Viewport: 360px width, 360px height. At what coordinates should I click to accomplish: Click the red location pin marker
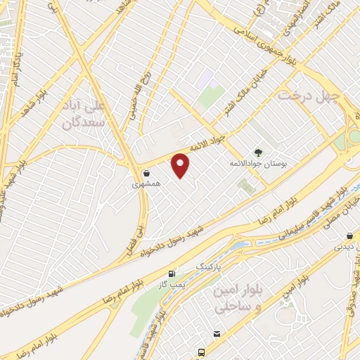click(181, 165)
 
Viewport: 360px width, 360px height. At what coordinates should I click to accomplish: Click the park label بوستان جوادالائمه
click(258, 163)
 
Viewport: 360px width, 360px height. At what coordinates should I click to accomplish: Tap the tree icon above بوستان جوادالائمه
click(258, 152)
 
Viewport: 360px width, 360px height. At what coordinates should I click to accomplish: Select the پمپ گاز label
click(172, 284)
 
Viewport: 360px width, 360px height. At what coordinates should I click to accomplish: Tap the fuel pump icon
click(172, 273)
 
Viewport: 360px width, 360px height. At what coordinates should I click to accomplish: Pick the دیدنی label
click(344, 247)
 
